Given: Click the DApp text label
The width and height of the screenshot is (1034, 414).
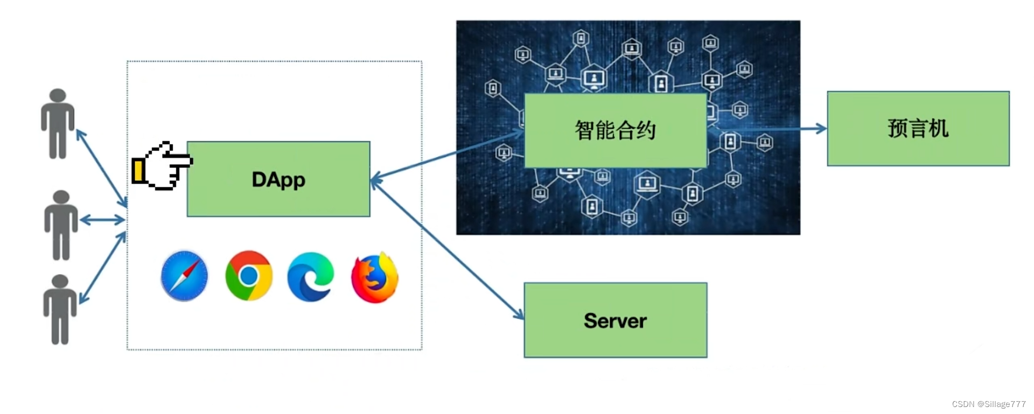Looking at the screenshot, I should point(278,180).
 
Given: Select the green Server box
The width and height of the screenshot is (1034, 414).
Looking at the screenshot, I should point(615,320).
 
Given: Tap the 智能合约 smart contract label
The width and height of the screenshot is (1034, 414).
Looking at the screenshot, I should point(615,130).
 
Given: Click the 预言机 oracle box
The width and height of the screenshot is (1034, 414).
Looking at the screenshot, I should point(918,129).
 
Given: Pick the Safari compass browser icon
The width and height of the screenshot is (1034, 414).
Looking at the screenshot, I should point(184,276).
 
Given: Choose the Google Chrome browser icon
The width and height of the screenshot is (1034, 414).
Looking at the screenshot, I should point(249,276).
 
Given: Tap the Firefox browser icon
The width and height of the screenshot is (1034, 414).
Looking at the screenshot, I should point(375,277).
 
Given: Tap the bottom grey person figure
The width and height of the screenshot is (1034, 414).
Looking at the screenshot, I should point(60,310).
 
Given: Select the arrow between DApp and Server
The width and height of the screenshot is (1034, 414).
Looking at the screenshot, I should point(447,249).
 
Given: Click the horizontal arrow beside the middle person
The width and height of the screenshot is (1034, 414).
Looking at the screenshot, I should point(102,220).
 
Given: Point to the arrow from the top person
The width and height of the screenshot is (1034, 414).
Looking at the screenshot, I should point(101,168).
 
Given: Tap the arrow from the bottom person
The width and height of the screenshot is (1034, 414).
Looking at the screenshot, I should point(102,268).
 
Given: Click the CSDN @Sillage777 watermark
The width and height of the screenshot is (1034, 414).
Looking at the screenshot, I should point(988,404).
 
